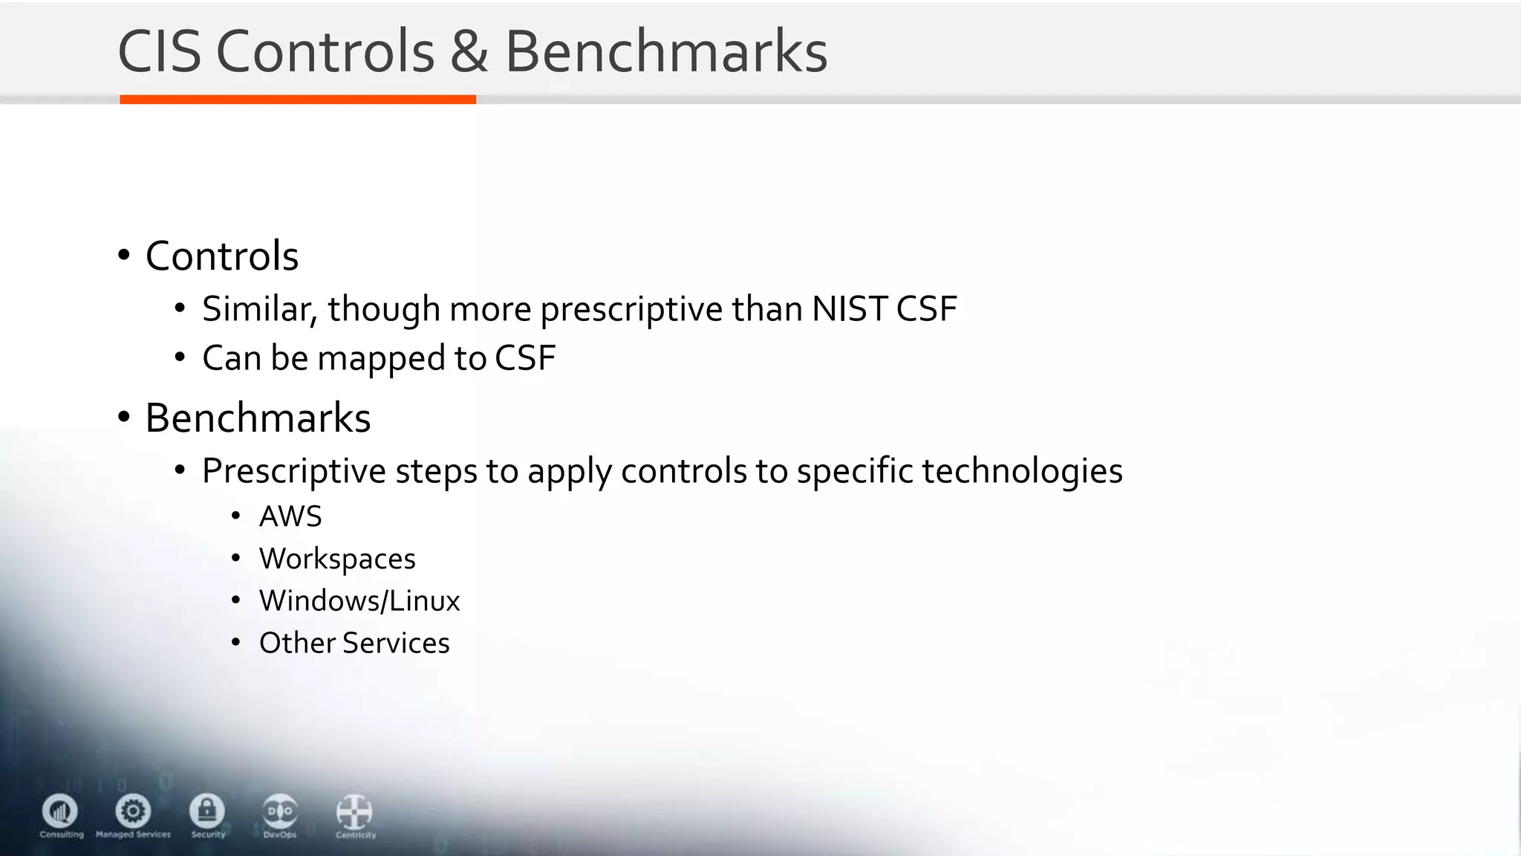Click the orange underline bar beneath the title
297,100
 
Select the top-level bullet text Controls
222,256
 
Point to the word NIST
850,309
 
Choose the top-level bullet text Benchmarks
258,418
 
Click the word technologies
1022,471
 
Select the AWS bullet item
290,516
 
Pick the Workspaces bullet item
337,559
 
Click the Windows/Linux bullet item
359,600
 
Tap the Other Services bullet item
354,643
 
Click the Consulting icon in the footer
60,811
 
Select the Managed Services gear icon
133,811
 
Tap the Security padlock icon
207,811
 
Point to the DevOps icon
280,811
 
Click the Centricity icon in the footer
354,812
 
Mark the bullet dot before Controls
124,256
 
